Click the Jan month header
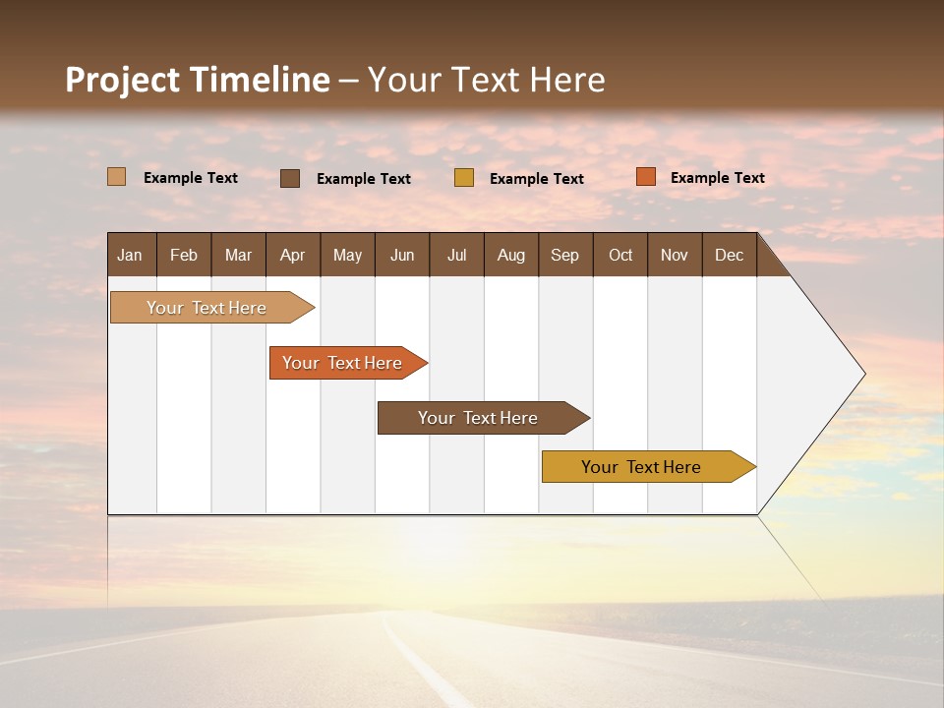(131, 255)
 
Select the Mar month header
(238, 255)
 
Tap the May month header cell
(347, 255)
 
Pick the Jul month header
(456, 255)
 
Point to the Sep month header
(564, 255)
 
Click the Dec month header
(729, 255)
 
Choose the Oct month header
(620, 255)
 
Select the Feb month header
(184, 255)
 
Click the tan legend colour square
(116, 177)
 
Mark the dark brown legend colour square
(289, 178)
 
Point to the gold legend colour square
(464, 178)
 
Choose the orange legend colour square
(645, 177)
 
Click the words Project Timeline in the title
(197, 80)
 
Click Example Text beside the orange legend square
(717, 177)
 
